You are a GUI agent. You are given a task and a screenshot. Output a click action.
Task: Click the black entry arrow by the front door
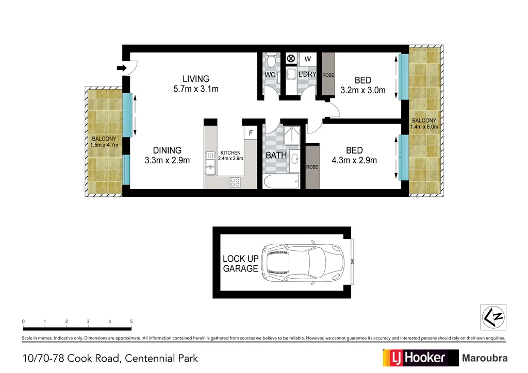click(122, 68)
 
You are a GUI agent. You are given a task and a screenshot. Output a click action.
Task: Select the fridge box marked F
click(251, 133)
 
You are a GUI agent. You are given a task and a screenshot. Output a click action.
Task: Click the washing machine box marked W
click(307, 58)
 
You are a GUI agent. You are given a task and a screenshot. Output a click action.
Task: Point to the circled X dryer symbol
click(290, 58)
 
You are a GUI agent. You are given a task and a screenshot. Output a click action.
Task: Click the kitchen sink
click(210, 161)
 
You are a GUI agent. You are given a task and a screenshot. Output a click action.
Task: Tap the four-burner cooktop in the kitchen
click(235, 181)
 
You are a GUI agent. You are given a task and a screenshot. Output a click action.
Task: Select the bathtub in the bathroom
click(281, 181)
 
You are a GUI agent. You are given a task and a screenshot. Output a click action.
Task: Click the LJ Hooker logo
click(420, 358)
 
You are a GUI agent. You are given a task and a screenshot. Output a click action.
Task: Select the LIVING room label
click(196, 79)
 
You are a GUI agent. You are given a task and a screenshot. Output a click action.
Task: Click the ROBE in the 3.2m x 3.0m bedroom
click(328, 75)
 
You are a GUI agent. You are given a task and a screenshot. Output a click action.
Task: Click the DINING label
click(167, 150)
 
